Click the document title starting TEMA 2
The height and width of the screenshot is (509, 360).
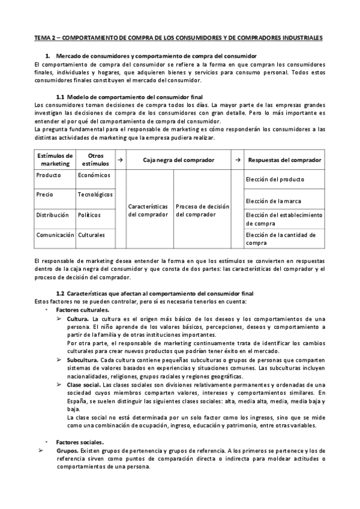[x=178, y=37]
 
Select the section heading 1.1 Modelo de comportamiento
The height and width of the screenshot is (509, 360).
[x=129, y=97]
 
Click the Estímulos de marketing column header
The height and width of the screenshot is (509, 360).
[x=55, y=160]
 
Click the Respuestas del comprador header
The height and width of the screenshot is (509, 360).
[x=284, y=160]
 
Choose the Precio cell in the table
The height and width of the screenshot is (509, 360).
[x=45, y=194]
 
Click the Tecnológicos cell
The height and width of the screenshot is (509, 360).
[x=95, y=194]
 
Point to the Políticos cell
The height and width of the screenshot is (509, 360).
[x=89, y=214]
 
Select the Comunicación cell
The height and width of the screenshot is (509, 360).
[x=55, y=235]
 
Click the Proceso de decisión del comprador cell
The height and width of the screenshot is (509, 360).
[x=202, y=211]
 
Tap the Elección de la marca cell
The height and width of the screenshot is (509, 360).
[x=274, y=200]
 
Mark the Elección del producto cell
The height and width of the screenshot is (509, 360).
[x=275, y=179]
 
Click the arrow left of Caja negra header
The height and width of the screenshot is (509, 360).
[x=121, y=160]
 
